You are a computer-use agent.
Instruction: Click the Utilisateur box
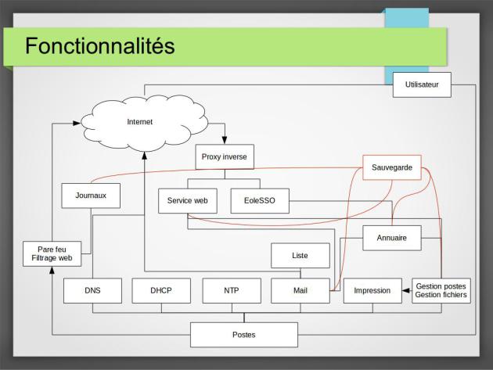point(422,84)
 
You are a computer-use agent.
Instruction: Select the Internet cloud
point(144,123)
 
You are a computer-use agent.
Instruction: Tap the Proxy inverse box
point(225,157)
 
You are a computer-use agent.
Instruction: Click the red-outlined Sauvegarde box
point(392,167)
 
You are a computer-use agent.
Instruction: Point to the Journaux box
point(91,196)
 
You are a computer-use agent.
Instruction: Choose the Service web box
point(188,201)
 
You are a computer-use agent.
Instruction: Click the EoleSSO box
point(260,201)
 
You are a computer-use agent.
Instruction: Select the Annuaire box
point(392,238)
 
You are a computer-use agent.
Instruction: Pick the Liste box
point(300,256)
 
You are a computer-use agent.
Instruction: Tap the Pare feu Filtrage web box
point(52,253)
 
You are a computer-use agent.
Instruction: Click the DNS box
point(92,290)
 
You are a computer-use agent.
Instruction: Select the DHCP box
point(161,290)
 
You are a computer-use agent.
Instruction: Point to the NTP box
point(232,290)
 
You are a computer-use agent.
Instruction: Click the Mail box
point(300,290)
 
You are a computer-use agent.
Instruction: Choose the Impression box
point(372,290)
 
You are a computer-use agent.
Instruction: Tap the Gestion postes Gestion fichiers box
point(441,290)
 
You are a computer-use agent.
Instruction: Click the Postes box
point(244,335)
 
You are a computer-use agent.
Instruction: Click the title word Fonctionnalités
point(99,46)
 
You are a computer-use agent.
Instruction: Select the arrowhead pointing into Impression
point(406,290)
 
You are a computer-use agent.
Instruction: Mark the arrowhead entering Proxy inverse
point(225,140)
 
